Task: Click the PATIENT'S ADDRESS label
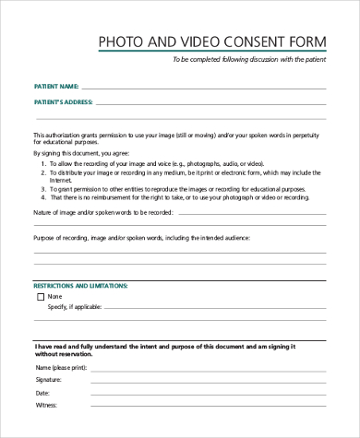pos(63,101)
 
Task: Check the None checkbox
pos(41,298)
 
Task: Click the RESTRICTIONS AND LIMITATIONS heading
pos(81,287)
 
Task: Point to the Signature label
pos(49,379)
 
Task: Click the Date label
pos(42,391)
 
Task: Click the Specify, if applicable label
pos(77,308)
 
